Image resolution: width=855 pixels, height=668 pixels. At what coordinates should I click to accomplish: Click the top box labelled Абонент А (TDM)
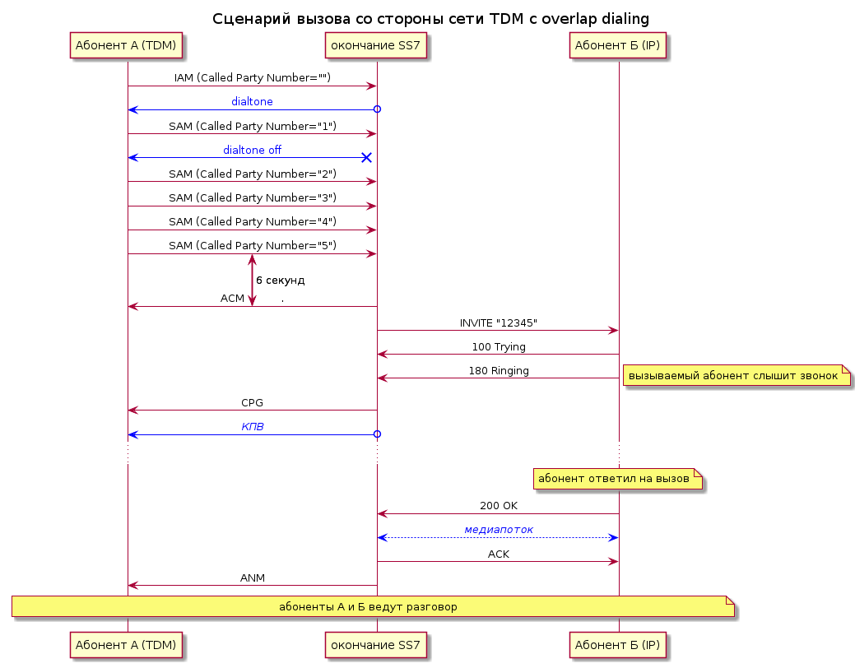tap(126, 45)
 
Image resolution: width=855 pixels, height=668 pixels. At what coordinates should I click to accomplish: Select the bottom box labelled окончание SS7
tap(376, 645)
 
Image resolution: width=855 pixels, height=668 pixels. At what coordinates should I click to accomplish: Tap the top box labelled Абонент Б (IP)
tap(618, 45)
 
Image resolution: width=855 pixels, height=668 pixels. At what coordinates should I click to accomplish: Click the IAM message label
tap(253, 78)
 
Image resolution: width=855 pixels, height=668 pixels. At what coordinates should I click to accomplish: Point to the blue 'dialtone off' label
tap(252, 150)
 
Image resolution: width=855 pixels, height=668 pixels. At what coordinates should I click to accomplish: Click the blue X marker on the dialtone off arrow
tap(366, 158)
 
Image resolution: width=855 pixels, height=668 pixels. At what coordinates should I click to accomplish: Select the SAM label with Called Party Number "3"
tap(253, 198)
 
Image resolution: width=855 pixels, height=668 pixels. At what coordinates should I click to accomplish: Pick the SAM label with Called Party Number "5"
tap(253, 245)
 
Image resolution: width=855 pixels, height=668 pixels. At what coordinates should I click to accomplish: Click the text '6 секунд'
tap(281, 281)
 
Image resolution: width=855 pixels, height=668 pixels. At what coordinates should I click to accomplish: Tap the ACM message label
tap(232, 299)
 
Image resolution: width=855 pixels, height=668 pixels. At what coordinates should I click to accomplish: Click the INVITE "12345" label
tap(499, 322)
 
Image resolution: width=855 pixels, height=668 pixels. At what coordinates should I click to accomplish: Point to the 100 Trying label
tap(499, 347)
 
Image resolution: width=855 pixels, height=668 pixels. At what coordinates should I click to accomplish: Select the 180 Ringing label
tap(499, 371)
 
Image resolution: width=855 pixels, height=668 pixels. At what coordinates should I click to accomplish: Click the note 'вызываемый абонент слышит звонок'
tap(737, 376)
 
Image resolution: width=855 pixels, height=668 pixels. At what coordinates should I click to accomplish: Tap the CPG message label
tap(252, 403)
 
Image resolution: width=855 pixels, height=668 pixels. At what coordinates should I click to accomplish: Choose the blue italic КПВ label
tap(253, 427)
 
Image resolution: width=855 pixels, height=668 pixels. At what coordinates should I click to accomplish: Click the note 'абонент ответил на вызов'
tap(617, 479)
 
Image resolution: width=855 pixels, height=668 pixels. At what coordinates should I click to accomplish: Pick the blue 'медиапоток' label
tap(499, 530)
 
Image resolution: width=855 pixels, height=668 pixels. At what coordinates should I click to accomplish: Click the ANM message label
tap(253, 578)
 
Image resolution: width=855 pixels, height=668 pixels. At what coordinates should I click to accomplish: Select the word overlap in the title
tap(569, 19)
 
